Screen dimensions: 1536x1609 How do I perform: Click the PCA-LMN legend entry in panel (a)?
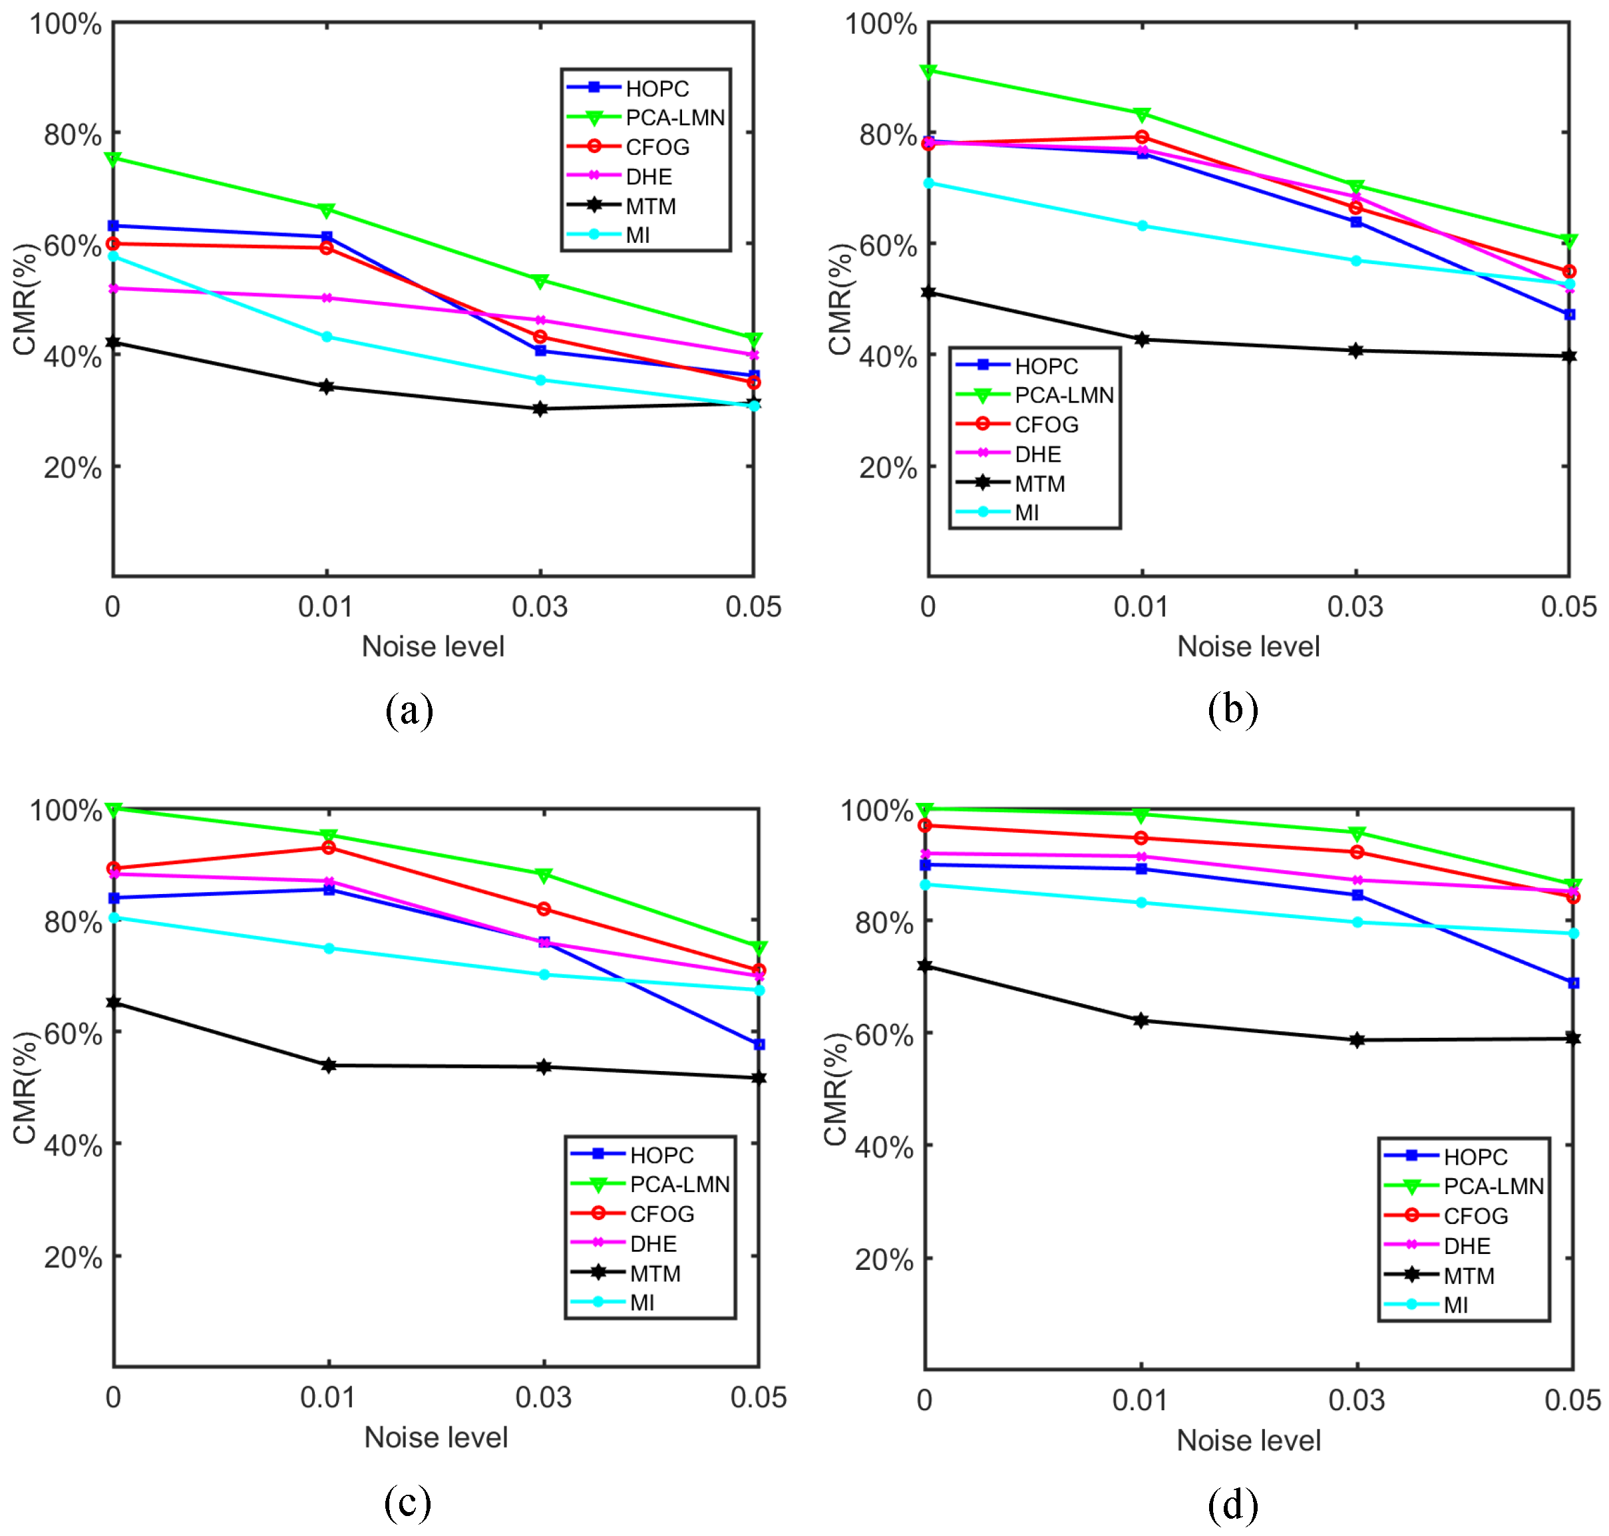pos(674,118)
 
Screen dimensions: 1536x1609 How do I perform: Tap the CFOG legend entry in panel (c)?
pos(661,1214)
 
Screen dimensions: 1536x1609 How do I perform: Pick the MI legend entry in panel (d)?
pos(1455,1305)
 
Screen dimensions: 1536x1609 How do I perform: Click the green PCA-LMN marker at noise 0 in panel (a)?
pos(114,158)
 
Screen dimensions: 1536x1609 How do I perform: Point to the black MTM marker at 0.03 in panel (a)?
pos(540,408)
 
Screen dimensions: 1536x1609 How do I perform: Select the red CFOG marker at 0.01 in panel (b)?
pos(1141,137)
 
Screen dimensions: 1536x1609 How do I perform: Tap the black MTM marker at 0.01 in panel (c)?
pos(328,1065)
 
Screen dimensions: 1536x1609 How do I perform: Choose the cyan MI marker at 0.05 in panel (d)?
pos(1573,933)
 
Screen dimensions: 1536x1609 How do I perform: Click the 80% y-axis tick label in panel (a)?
pos(72,134)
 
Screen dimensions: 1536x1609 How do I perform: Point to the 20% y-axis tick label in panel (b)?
pos(888,468)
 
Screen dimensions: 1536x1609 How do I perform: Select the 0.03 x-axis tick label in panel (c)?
pos(543,1397)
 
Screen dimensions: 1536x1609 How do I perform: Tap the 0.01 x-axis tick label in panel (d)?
pos(1139,1400)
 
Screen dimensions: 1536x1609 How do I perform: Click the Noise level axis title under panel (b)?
pos(1248,647)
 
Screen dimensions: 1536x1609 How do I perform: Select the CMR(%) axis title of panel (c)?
pos(25,1088)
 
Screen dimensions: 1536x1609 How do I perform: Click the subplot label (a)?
pos(409,710)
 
